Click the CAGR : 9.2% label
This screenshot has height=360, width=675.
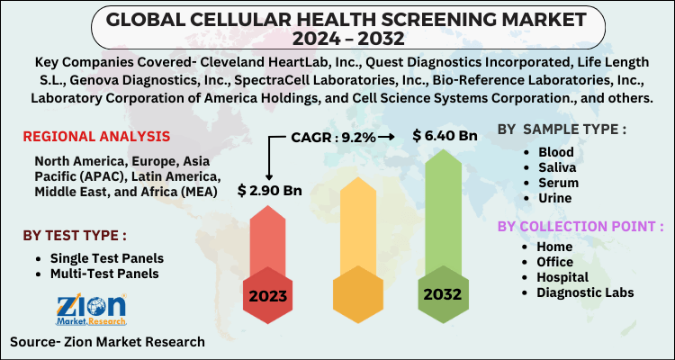335,137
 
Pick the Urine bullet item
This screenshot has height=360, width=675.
556,197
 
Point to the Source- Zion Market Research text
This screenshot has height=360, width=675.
107,342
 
